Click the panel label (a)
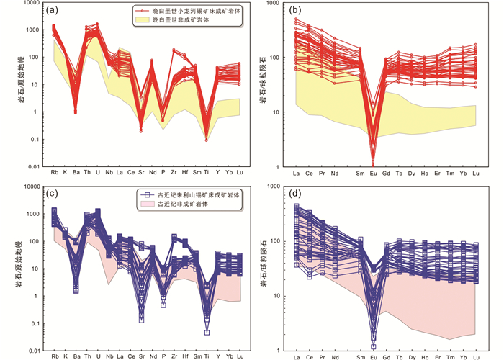coord(52,11)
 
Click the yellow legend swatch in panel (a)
coord(143,22)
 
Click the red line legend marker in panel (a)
coord(143,12)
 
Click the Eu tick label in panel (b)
coord(373,174)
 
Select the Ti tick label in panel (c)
coord(207,356)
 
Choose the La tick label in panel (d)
coord(296,356)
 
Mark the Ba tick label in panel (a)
coord(75,174)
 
